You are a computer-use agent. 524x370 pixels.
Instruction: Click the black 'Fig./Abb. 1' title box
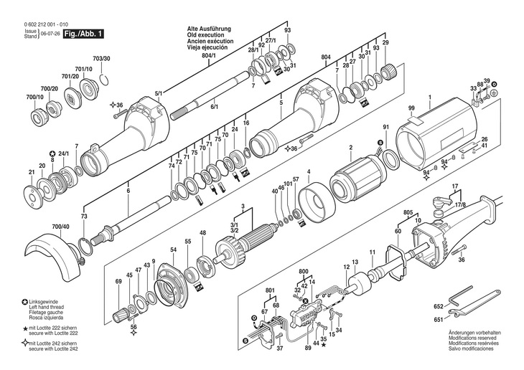[84, 34]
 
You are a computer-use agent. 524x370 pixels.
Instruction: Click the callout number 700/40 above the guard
[61, 227]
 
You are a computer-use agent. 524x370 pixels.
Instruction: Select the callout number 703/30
[101, 58]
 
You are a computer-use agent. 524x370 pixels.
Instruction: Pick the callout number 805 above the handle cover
[407, 213]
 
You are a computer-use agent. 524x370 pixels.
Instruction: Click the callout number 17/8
[459, 204]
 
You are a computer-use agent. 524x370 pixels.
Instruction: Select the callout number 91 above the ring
[385, 127]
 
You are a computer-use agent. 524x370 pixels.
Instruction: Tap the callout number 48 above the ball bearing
[202, 232]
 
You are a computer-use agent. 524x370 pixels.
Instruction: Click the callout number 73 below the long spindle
[83, 216]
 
